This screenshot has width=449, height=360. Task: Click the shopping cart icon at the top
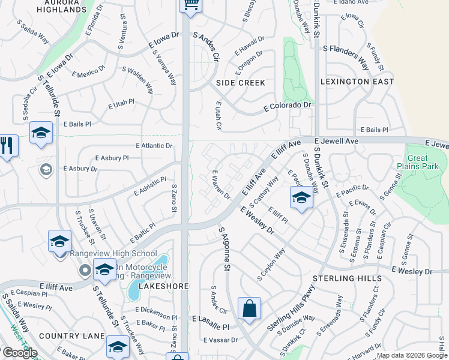click(190, 5)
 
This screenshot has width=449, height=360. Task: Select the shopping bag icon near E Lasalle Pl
click(249, 309)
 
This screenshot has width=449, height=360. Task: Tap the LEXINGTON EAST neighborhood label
click(357, 82)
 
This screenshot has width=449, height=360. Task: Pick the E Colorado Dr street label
click(289, 106)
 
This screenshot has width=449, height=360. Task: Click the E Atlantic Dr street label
click(154, 146)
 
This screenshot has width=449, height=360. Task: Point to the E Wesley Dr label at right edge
click(411, 272)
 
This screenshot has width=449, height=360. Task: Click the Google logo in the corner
click(19, 353)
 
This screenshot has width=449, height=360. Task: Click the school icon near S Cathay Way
click(301, 197)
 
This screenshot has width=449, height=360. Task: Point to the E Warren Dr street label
click(221, 184)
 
